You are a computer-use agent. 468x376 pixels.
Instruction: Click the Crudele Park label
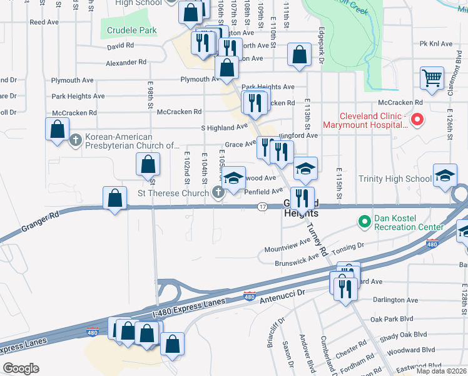(131, 30)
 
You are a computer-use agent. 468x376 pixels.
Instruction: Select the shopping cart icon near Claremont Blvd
(432, 78)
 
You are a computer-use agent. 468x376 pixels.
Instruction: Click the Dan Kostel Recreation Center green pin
(364, 221)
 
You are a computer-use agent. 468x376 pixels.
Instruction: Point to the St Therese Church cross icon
(218, 193)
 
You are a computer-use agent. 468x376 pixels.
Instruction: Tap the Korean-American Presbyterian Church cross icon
(76, 138)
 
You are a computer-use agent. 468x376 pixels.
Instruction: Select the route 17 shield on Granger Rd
(262, 207)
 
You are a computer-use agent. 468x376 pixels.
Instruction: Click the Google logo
(21, 368)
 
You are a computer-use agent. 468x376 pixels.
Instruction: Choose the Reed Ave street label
(44, 22)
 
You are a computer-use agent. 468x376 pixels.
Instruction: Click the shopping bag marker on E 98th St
(147, 165)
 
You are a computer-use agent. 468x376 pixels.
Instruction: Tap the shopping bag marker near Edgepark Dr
(300, 55)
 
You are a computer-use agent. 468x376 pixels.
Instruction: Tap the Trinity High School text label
(395, 179)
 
